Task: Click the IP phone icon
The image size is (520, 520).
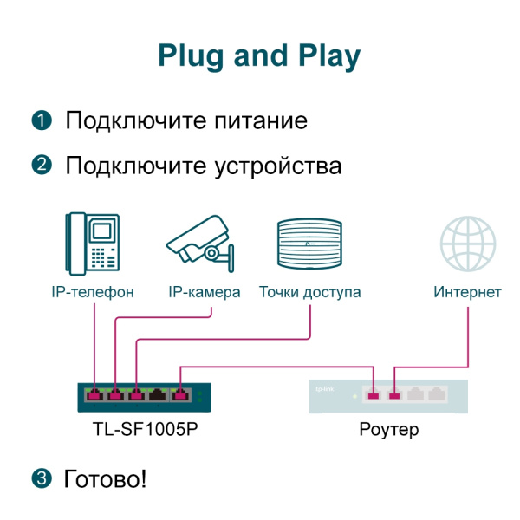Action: click(93, 242)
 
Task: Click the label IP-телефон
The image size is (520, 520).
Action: click(93, 292)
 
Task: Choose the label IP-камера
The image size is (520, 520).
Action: click(204, 292)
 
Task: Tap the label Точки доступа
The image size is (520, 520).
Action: click(309, 292)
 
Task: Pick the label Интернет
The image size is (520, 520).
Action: click(467, 292)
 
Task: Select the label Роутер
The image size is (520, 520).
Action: click(388, 429)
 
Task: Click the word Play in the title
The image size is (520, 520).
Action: click(322, 56)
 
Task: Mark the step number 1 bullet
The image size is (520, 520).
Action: click(41, 120)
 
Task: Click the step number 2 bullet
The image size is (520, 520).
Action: click(41, 165)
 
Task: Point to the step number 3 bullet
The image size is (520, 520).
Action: click(41, 478)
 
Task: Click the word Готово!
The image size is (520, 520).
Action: click(105, 478)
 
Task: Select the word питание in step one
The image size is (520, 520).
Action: click(260, 120)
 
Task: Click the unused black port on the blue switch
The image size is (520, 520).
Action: click(158, 397)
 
